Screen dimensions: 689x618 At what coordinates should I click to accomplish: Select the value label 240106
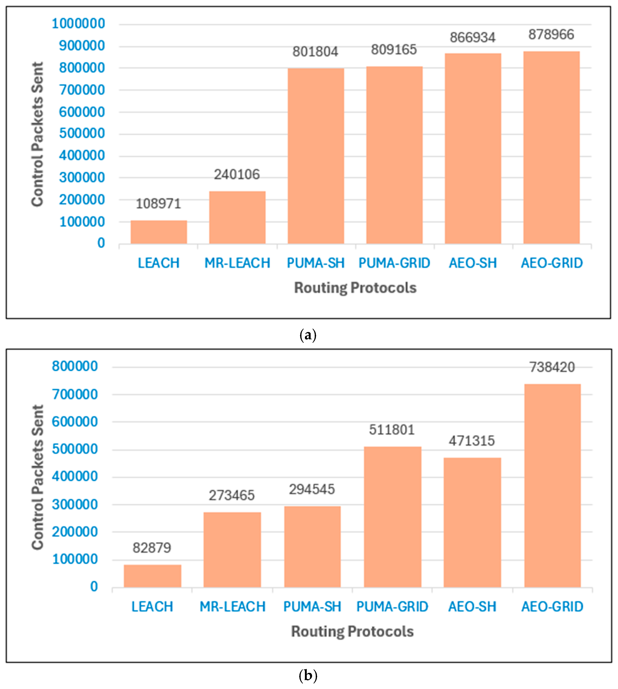[x=237, y=174]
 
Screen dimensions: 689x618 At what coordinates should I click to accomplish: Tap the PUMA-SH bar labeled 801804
[x=316, y=156]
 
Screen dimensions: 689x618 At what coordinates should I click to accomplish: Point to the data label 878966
[x=551, y=35]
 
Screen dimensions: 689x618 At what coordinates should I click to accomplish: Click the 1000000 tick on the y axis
[x=78, y=24]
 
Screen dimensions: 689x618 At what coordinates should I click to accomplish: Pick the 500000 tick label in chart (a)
[x=82, y=133]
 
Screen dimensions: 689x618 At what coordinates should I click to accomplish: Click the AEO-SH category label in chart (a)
[x=473, y=263]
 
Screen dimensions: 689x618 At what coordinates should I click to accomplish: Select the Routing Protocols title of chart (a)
[x=355, y=288]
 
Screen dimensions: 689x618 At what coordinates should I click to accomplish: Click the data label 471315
[x=472, y=441]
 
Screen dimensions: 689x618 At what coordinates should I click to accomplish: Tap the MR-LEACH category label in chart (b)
[x=232, y=607]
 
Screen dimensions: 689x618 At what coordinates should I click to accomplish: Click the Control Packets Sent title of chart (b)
[x=37, y=477]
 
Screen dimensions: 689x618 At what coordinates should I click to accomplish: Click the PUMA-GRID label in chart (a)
[x=394, y=263]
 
